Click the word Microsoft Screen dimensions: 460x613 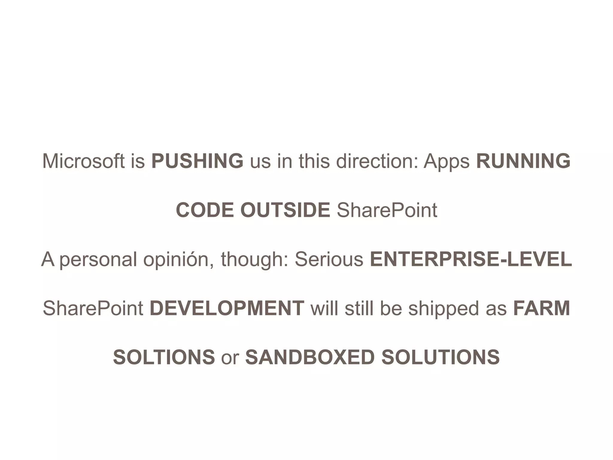(x=83, y=161)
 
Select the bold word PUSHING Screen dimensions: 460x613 (x=197, y=161)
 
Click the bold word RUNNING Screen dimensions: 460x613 (x=523, y=161)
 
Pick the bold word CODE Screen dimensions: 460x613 (x=205, y=210)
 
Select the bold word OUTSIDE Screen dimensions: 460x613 (x=285, y=210)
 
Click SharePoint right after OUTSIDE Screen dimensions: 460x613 (x=387, y=210)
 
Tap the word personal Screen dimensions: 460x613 (x=98, y=259)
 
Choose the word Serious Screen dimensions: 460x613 (x=329, y=259)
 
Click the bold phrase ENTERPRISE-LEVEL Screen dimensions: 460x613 (x=471, y=259)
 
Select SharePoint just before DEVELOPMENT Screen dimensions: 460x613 (x=93, y=308)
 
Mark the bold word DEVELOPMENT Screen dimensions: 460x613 (x=227, y=308)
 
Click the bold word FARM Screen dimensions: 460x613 (x=541, y=308)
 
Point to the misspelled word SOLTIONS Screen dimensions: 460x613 (x=164, y=357)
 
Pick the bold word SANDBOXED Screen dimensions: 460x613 (x=310, y=357)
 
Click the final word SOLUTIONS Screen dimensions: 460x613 (x=440, y=357)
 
